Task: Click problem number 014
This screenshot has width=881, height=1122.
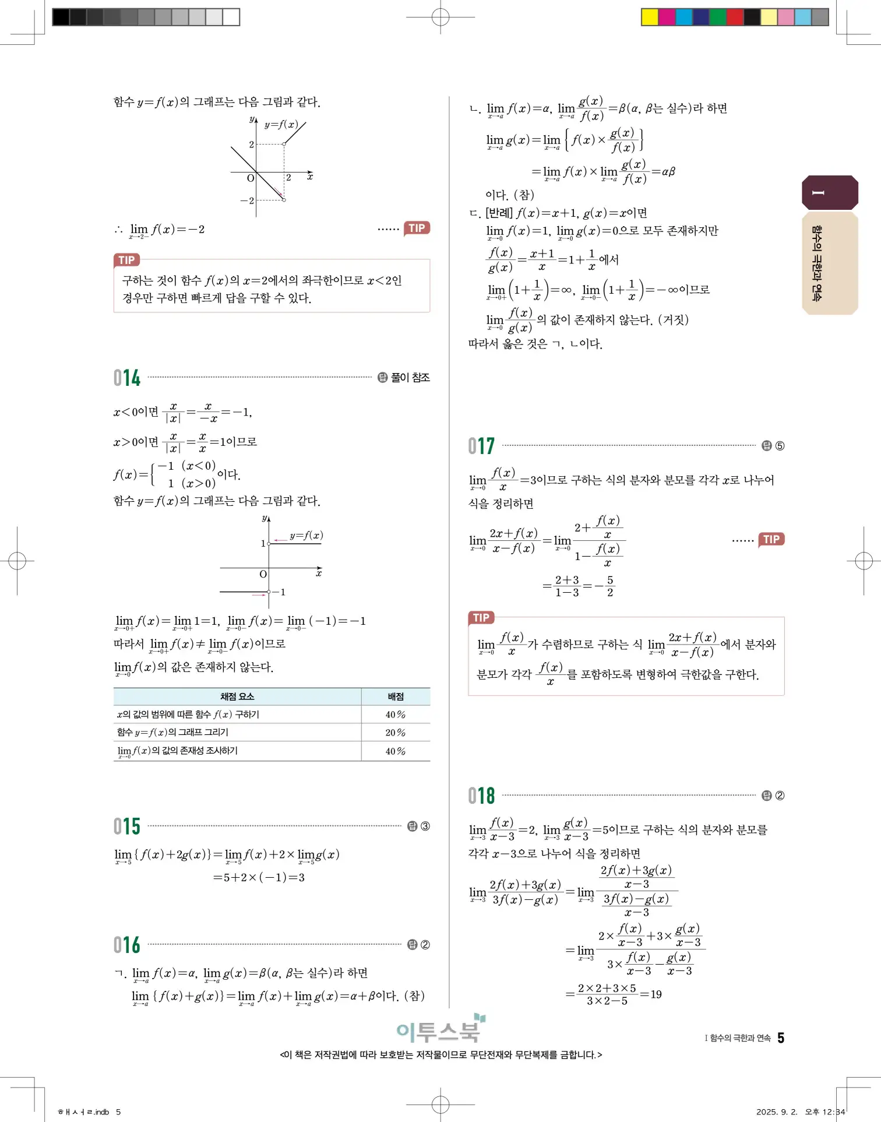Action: [127, 378]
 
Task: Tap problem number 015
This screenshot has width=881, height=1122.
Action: [127, 826]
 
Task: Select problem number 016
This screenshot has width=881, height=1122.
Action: [127, 944]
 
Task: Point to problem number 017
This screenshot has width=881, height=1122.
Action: [481, 446]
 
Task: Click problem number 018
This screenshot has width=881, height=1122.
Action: [481, 796]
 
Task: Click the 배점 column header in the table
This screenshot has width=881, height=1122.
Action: [396, 697]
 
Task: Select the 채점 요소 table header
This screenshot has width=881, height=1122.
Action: [237, 697]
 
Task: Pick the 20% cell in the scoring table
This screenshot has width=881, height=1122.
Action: [395, 733]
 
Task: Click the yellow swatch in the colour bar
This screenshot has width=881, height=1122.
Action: [649, 17]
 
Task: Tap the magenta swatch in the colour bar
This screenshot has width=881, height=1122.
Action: [667, 17]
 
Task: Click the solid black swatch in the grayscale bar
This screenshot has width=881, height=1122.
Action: [61, 17]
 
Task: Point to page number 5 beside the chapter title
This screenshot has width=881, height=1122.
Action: [781, 1038]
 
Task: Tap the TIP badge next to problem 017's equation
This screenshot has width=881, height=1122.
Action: [771, 539]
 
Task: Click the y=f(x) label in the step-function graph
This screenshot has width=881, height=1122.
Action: [306, 535]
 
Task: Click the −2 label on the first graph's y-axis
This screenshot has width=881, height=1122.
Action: [248, 201]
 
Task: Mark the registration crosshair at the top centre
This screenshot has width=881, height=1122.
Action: [440, 17]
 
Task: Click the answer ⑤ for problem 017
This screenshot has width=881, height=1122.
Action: [780, 446]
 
